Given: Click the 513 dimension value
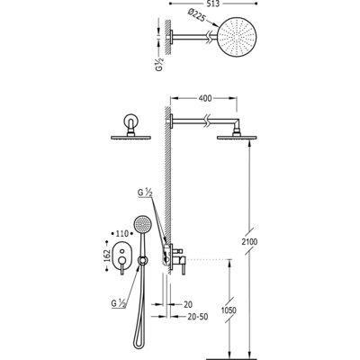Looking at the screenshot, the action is coord(213,4).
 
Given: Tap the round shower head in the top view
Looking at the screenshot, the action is coord(238,36).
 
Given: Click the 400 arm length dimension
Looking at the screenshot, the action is coord(205,98).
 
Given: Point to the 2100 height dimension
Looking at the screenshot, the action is coord(249,241).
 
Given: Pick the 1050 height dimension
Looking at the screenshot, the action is coord(229,310).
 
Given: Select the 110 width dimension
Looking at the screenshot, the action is coord(122,233).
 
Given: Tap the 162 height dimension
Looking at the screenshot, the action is coord(106,256).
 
